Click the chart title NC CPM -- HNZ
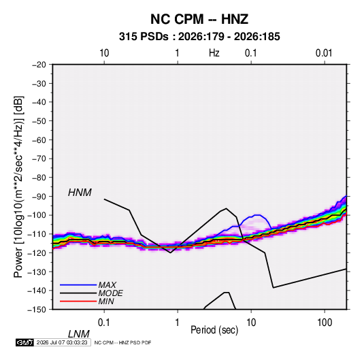pos(199,19)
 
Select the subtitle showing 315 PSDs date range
pos(199,37)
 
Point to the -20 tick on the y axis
pos(39,65)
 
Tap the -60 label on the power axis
pos(39,140)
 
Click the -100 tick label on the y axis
pos(37,215)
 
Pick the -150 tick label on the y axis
pos(37,310)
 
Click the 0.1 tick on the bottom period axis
pos(104,323)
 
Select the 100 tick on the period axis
pos(325,323)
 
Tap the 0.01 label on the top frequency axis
pos(324,53)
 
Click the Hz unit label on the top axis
pos(214,53)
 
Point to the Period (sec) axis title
pos(214,330)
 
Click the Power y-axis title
pos(18,186)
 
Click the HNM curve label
pos(80,193)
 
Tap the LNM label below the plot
pos(78,334)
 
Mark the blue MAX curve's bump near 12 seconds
pos(258,215)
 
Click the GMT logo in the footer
pos(25,342)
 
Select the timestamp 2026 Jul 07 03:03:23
pos(62,342)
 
